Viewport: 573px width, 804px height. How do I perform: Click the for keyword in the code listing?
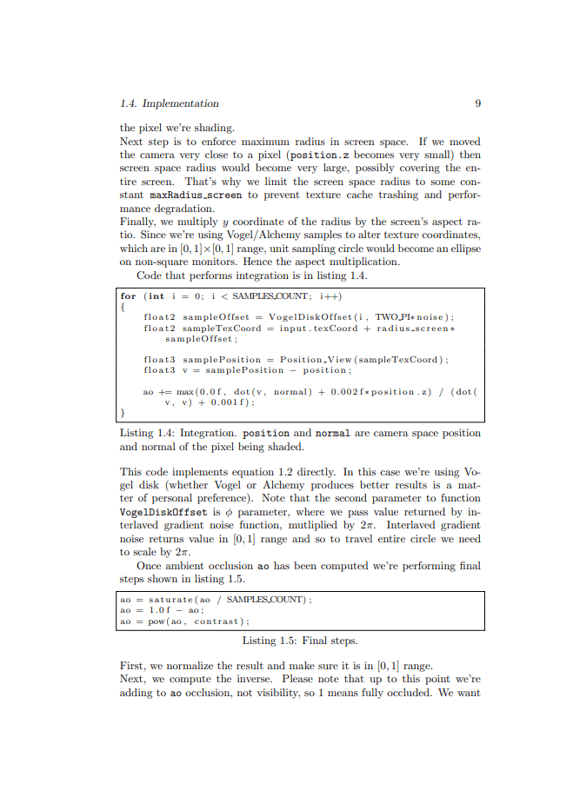click(x=128, y=296)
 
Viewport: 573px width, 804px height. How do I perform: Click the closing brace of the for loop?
click(x=123, y=413)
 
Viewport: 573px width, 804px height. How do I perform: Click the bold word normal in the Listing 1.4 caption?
click(x=332, y=433)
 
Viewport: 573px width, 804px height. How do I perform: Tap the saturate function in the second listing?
click(x=170, y=600)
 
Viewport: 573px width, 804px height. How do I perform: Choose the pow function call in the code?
click(x=157, y=621)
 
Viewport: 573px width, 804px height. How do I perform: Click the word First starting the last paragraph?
click(x=133, y=667)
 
